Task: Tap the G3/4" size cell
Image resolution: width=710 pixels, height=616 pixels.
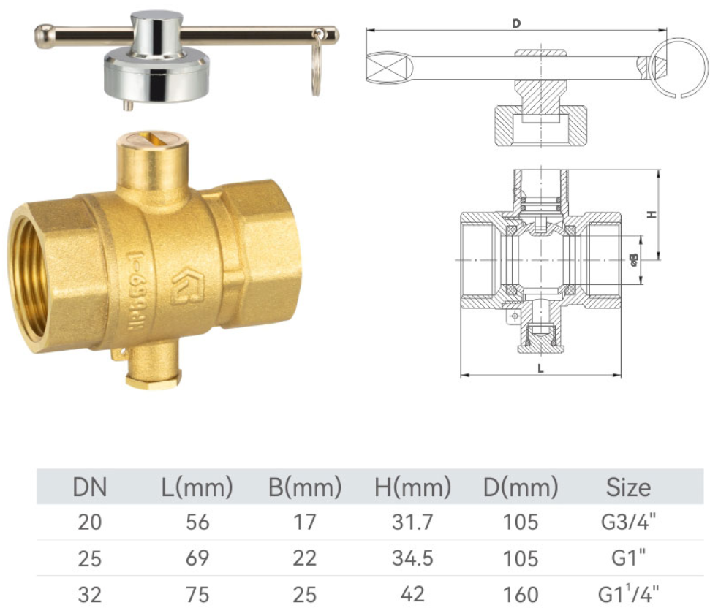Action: tap(628, 522)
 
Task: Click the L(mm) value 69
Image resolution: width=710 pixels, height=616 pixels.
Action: tap(197, 558)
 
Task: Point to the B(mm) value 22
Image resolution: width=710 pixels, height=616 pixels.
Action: tap(305, 558)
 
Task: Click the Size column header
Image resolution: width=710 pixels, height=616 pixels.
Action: tap(628, 487)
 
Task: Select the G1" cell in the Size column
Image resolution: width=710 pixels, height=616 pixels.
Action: tap(628, 558)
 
